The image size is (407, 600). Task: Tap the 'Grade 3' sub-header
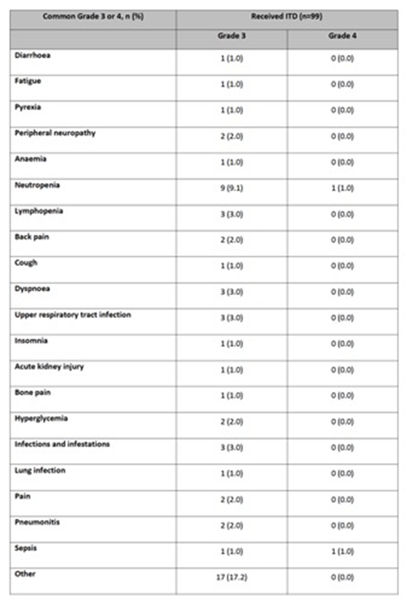(231, 37)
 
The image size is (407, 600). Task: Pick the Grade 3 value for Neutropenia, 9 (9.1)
(231, 189)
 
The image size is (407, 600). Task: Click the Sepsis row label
(26, 548)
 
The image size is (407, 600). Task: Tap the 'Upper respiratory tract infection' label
(73, 314)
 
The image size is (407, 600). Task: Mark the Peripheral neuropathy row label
(51, 133)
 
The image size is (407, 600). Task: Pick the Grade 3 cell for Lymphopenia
(231, 215)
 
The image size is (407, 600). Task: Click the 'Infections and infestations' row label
(62, 444)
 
